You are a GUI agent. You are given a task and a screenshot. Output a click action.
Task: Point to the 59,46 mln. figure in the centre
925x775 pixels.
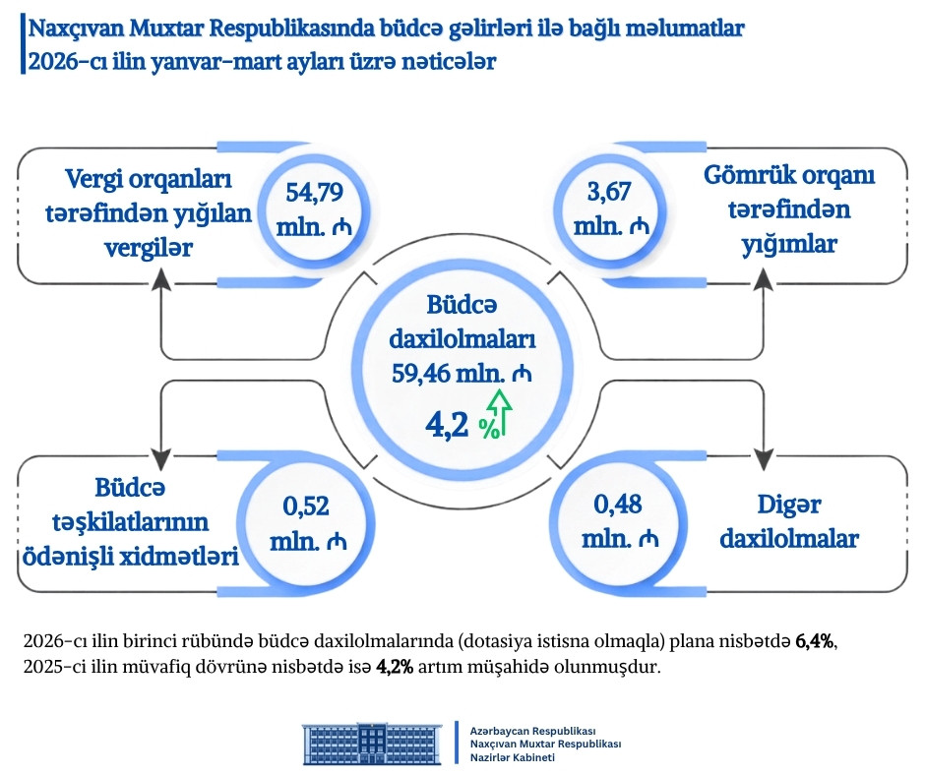(461, 373)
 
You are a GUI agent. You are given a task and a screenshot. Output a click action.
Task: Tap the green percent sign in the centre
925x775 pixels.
(487, 427)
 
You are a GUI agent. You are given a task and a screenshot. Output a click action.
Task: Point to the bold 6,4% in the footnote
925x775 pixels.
(815, 642)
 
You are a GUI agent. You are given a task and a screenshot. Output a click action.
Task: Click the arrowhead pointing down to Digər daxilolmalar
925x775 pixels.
(765, 457)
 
